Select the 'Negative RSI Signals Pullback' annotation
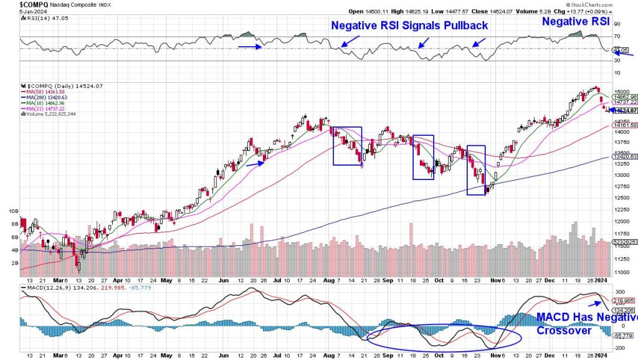(x=409, y=26)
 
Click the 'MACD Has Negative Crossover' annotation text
(x=586, y=323)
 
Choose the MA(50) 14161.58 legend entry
(x=47, y=92)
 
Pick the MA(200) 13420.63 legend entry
(x=49, y=98)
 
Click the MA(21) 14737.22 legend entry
(x=47, y=109)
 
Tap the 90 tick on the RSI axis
(x=620, y=24)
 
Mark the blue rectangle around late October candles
(x=476, y=170)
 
